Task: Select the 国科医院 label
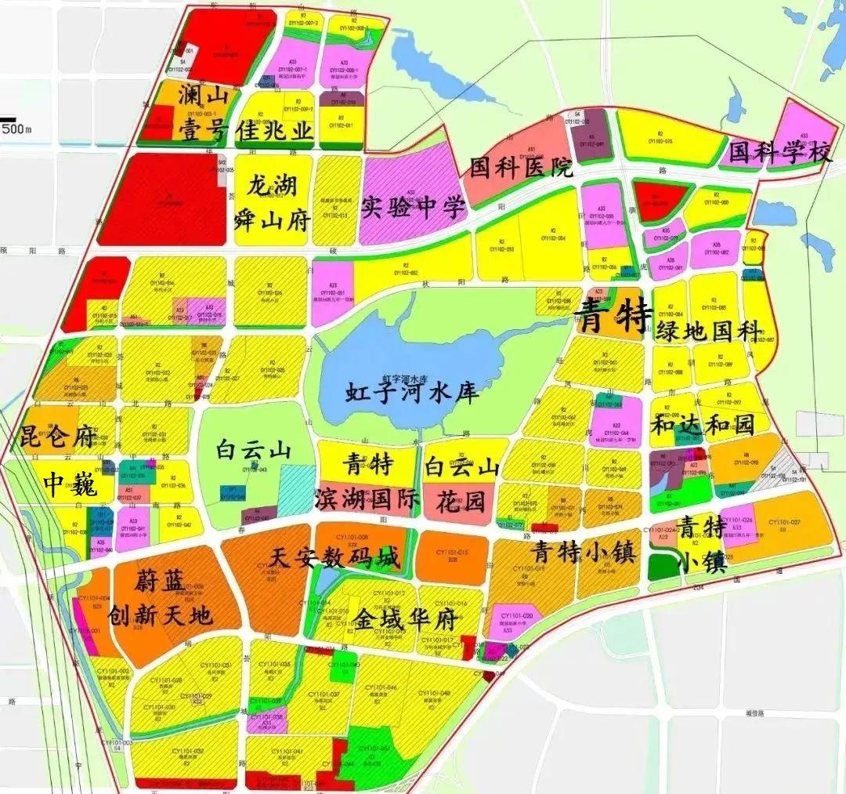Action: pyautogui.click(x=521, y=167)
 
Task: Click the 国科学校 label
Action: pyautogui.click(x=779, y=152)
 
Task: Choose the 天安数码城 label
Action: pyautogui.click(x=334, y=558)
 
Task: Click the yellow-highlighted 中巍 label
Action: pyautogui.click(x=69, y=486)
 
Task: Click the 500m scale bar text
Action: pyautogui.click(x=16, y=129)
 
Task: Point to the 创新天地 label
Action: pyautogui.click(x=161, y=615)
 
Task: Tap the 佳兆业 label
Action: pyautogui.click(x=274, y=131)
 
